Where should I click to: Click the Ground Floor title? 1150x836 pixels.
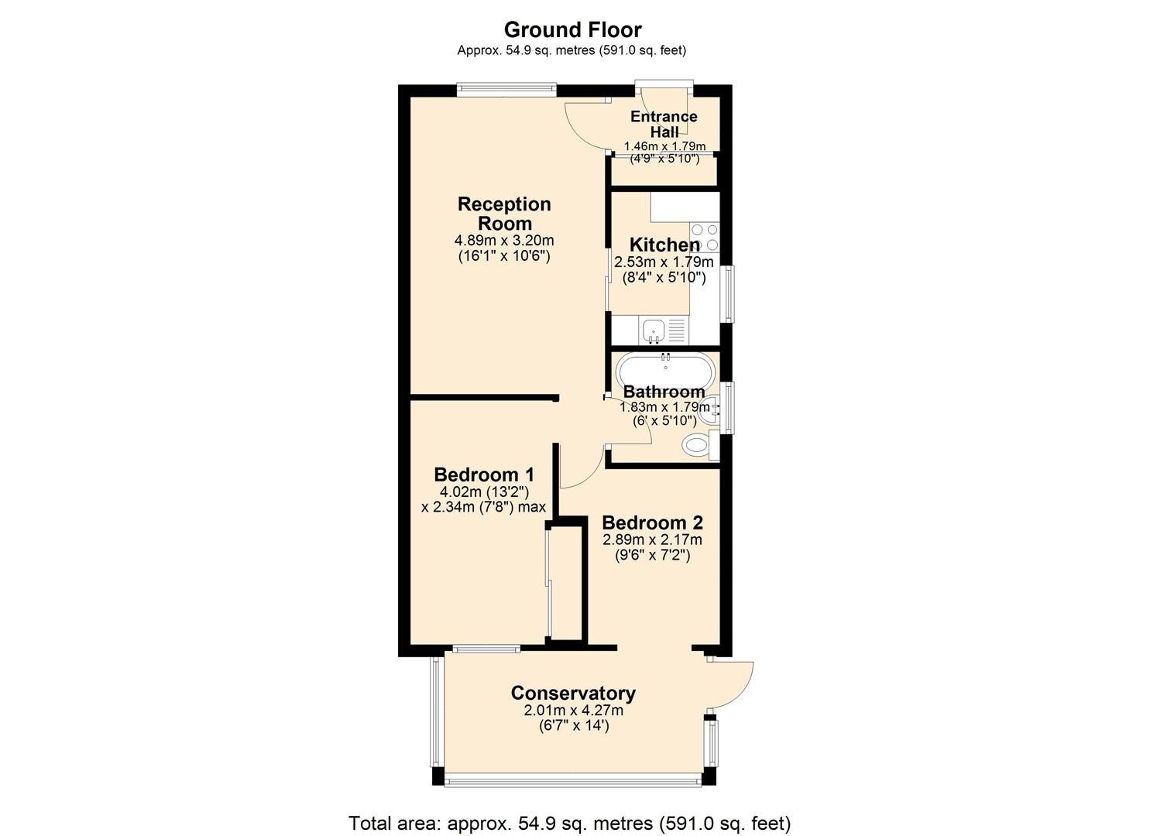pos(572,29)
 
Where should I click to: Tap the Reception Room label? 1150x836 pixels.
pos(504,214)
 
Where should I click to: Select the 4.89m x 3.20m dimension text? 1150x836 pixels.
pos(504,241)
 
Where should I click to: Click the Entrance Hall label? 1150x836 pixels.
pos(664,124)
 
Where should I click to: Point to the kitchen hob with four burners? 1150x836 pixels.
pos(705,237)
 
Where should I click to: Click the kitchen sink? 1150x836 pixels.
pos(653,331)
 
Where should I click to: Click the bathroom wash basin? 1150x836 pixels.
pos(709,409)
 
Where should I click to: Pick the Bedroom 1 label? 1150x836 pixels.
pos(483,475)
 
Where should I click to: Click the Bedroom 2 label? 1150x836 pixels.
pos(652,522)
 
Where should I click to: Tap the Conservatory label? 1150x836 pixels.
pos(573,693)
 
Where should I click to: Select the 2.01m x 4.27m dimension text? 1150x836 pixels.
pos(573,711)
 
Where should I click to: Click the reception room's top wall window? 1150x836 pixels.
pos(506,90)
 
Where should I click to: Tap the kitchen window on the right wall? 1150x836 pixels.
pos(727,293)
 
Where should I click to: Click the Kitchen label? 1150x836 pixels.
pos(664,245)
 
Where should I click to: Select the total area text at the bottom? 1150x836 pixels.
pos(569,823)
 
